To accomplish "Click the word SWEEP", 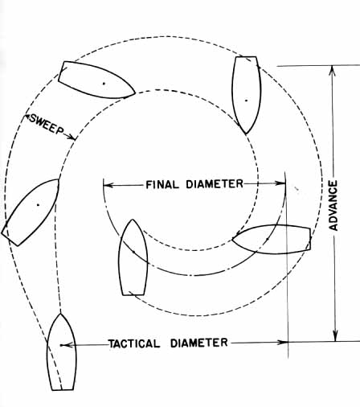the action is click(47, 125).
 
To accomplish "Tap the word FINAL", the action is click(162, 185).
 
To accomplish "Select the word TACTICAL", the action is click(134, 343).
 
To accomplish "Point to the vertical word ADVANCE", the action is click(333, 206).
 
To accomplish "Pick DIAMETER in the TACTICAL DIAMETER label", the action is click(199, 343).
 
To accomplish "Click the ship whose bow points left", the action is click(272, 239).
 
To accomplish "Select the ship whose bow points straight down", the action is click(246, 95).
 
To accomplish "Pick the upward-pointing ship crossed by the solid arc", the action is click(133, 257).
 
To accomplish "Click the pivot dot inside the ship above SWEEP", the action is click(104, 84).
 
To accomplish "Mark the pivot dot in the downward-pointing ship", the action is click(246, 101).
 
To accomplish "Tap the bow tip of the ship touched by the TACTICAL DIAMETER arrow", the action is click(60, 314).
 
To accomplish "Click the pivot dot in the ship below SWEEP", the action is click(38, 205).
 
